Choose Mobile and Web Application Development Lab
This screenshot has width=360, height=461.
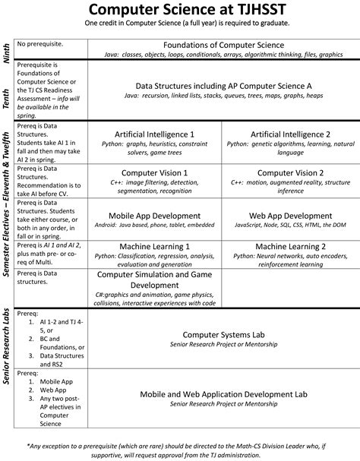click(223, 394)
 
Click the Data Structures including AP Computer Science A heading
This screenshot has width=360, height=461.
click(223, 87)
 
